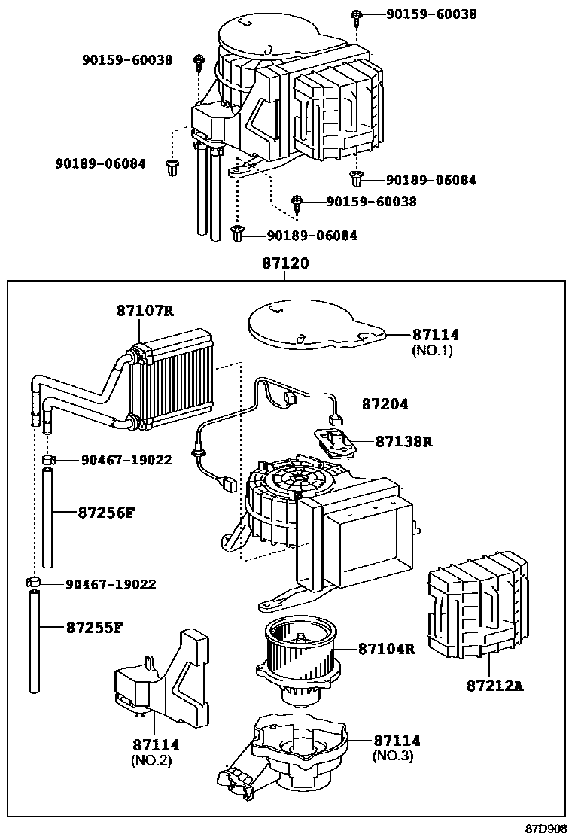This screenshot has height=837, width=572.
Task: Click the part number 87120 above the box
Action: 285,263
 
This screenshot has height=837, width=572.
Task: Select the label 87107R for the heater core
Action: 146,310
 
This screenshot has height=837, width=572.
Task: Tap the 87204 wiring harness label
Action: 385,404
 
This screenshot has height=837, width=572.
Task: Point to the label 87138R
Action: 404,441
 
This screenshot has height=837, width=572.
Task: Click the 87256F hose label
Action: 106,513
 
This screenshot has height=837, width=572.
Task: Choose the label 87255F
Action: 94,627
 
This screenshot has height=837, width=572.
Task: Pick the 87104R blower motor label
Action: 387,649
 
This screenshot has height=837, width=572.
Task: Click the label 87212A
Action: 495,686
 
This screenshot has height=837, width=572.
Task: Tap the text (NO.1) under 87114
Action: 432,350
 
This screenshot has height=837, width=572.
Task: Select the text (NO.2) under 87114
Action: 151,760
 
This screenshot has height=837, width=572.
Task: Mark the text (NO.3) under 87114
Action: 393,756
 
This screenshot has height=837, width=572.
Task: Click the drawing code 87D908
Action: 546,829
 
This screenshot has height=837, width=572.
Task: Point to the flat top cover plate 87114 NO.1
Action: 316,324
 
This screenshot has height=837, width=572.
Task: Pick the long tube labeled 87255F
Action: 34,641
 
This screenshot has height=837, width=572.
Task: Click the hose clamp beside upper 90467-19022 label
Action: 49,459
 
